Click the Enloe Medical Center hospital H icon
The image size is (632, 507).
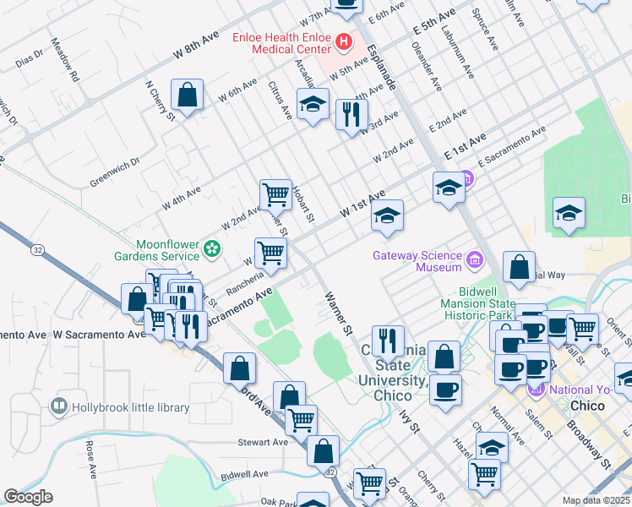344,41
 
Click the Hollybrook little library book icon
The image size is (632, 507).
58,407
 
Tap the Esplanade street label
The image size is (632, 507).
384,63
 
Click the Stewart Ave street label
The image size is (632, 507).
263,442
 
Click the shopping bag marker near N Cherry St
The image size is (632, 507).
187,94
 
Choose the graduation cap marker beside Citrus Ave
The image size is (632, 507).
313,105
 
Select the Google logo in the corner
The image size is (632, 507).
28,497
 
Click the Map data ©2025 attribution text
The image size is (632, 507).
596,500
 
